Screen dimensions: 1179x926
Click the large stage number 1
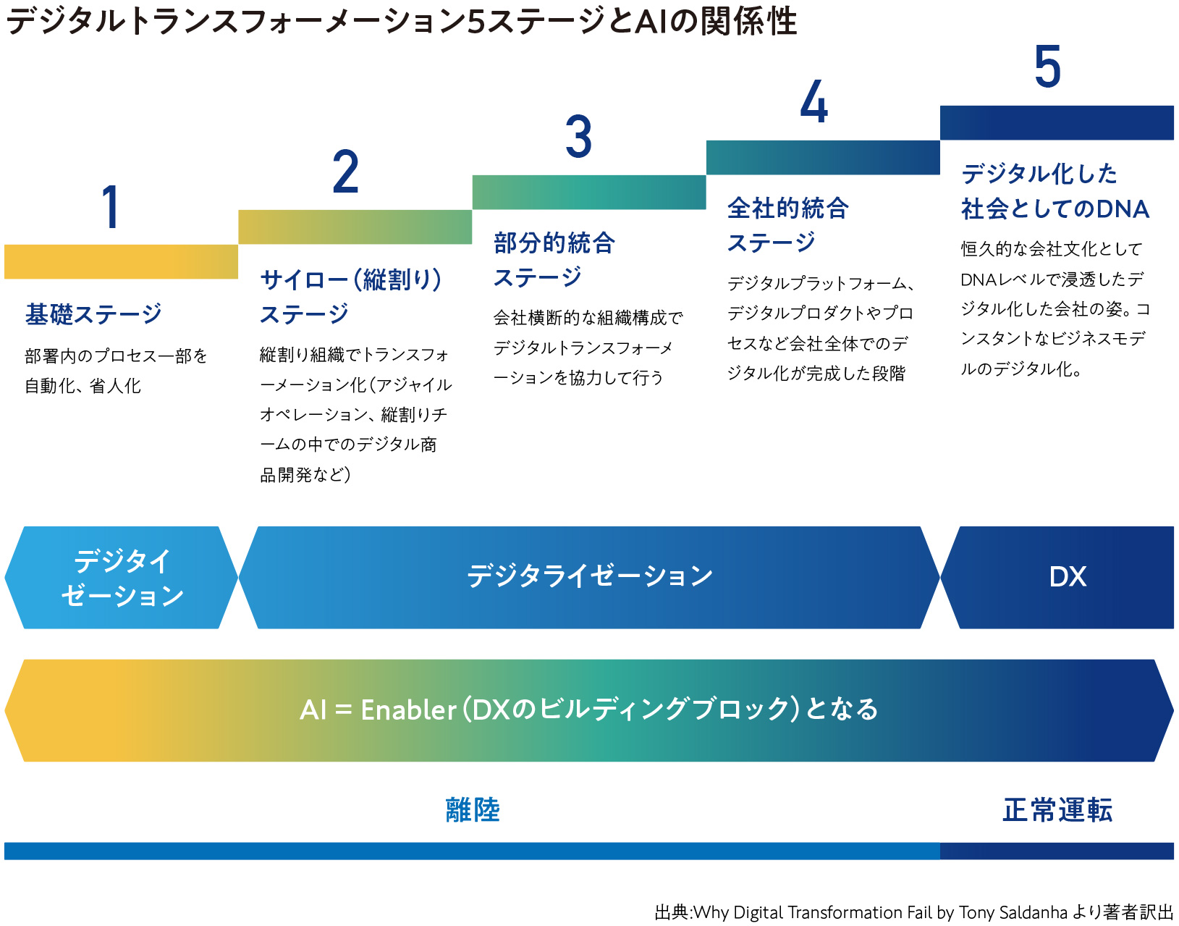(111, 206)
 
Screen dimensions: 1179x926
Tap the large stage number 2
(346, 172)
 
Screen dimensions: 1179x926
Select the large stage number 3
(578, 136)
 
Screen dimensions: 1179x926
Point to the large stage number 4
(814, 101)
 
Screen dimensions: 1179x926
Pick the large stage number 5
(1047, 66)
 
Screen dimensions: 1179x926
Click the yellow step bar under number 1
(121, 261)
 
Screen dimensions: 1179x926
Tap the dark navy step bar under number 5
(1057, 122)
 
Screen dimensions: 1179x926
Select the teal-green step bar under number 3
(588, 192)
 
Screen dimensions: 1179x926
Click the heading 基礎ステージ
(93, 314)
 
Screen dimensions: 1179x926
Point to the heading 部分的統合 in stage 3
(554, 243)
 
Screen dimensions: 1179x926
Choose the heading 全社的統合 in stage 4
(787, 208)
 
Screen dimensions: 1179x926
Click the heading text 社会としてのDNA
(1055, 209)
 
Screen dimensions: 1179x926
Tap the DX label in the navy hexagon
(1068, 576)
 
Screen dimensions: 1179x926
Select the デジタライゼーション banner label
(590, 576)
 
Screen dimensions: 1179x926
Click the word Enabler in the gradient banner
(408, 710)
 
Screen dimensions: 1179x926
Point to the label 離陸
(472, 810)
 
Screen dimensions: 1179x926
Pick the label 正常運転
(1057, 810)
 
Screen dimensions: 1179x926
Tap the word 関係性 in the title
(748, 22)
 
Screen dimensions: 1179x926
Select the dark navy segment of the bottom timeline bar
(1057, 851)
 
